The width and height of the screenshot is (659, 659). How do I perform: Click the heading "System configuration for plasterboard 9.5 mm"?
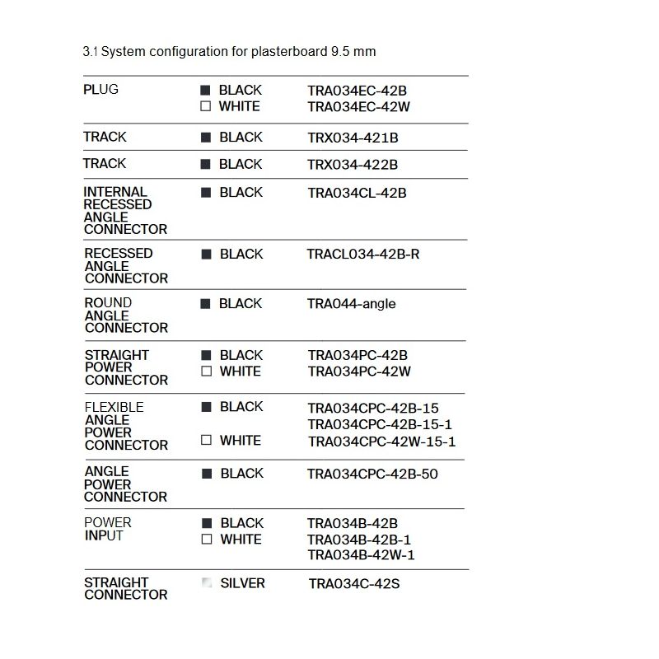click(x=229, y=51)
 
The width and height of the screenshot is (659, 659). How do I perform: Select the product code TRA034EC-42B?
click(x=358, y=91)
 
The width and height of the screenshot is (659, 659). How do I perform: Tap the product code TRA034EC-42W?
click(x=358, y=107)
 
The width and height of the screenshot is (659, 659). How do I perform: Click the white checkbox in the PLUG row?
click(x=206, y=106)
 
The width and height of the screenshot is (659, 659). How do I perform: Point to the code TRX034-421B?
click(x=353, y=138)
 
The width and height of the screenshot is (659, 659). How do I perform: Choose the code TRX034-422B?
click(x=353, y=165)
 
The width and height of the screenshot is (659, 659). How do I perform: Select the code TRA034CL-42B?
click(x=357, y=194)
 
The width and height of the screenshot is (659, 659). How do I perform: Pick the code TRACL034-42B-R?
click(x=362, y=255)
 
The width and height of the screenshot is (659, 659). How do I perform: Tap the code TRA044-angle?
click(x=351, y=304)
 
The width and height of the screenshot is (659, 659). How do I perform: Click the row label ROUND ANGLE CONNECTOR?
click(x=125, y=315)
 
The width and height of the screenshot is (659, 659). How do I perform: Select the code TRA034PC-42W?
click(x=359, y=372)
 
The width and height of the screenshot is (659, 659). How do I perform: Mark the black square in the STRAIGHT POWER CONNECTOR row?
click(x=206, y=355)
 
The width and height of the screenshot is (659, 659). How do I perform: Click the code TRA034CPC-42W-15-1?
click(x=381, y=442)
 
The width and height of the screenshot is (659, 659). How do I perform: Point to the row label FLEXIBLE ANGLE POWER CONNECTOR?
click(x=125, y=426)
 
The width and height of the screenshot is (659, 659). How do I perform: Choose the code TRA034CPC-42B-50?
click(x=372, y=474)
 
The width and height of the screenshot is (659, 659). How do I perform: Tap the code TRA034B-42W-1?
click(x=361, y=555)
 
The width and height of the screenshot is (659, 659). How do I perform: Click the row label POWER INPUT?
click(x=107, y=529)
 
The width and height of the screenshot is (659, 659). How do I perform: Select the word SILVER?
click(x=242, y=583)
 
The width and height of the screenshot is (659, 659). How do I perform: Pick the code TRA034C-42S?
click(x=353, y=585)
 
